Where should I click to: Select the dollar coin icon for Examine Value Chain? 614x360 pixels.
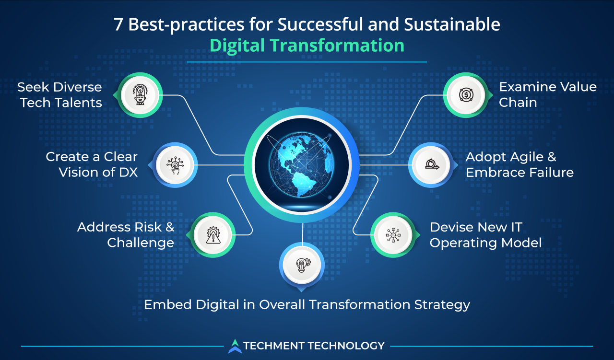tap(465, 94)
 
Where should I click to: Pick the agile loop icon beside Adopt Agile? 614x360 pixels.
tap(431, 165)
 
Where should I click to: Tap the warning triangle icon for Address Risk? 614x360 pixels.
tap(212, 235)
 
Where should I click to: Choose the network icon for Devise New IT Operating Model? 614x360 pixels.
tap(393, 235)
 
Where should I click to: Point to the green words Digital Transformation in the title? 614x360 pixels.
tap(307, 45)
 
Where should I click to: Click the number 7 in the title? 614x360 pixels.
tap(118, 24)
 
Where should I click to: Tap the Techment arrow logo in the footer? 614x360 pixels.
tap(235, 346)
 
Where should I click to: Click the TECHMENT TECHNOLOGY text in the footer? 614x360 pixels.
tap(314, 346)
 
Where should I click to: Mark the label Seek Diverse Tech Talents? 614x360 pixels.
tap(60, 94)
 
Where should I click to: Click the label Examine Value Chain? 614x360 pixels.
tap(547, 94)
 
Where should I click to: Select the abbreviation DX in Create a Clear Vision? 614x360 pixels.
tap(127, 172)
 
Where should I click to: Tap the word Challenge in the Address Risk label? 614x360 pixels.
tap(141, 243)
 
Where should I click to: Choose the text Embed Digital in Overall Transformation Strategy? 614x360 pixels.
tap(307, 304)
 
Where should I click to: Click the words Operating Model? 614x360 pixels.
tap(485, 243)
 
